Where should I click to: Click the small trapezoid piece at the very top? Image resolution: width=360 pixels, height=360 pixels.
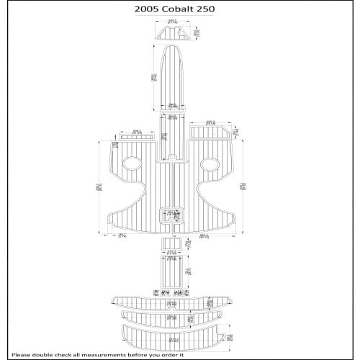174,33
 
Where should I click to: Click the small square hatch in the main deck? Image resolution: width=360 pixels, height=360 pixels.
174,214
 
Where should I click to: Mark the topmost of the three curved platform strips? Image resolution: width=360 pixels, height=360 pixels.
173,300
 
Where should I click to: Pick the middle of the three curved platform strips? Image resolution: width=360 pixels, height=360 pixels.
173,316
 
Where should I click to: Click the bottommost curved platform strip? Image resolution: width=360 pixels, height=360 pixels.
173,334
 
